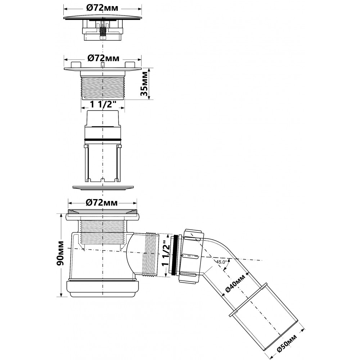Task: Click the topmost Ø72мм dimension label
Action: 102,8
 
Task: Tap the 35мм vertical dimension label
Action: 145,84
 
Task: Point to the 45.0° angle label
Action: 221,261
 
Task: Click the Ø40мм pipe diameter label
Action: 235,283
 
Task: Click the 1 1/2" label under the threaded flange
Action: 102,104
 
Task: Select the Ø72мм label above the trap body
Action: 102,203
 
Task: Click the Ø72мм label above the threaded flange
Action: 103,58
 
